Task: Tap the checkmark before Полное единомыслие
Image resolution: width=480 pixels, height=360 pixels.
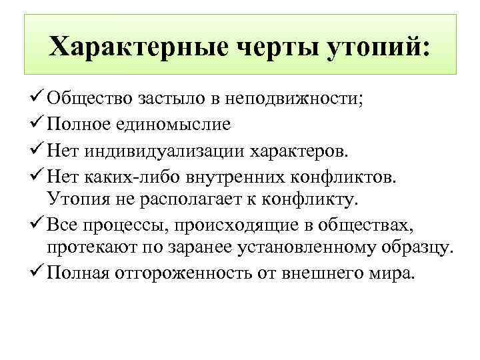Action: pos(37,124)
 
